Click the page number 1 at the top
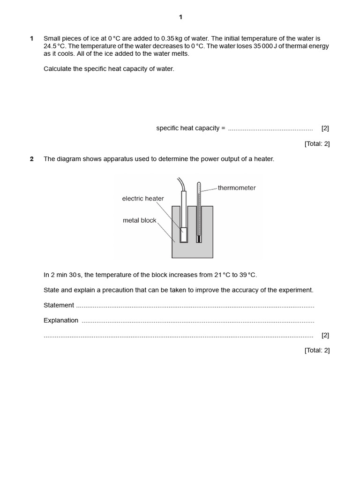click(x=180, y=17)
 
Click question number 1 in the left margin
click(x=32, y=38)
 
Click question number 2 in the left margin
click(x=32, y=159)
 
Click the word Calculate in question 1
click(x=58, y=69)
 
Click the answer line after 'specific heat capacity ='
click(x=270, y=128)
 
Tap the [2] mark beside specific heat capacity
click(x=325, y=128)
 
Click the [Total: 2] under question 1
click(x=317, y=144)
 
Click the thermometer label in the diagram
click(x=237, y=188)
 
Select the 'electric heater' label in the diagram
click(x=143, y=199)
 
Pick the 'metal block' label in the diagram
click(x=140, y=220)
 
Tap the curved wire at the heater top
click(x=180, y=184)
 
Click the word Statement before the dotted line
click(x=59, y=305)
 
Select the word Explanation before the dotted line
click(x=61, y=321)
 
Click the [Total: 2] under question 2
click(x=317, y=350)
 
